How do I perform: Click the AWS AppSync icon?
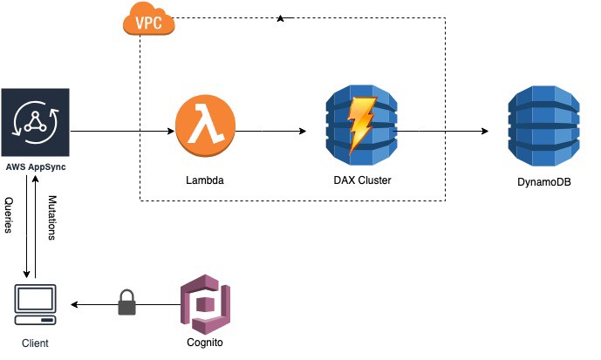(35, 123)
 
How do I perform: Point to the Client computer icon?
(34, 304)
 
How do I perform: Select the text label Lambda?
(205, 182)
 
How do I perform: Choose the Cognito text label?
(205, 343)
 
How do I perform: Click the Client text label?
(35, 343)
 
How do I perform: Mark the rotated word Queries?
(10, 216)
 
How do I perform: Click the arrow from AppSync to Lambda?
(122, 132)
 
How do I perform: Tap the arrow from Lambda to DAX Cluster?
(271, 132)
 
